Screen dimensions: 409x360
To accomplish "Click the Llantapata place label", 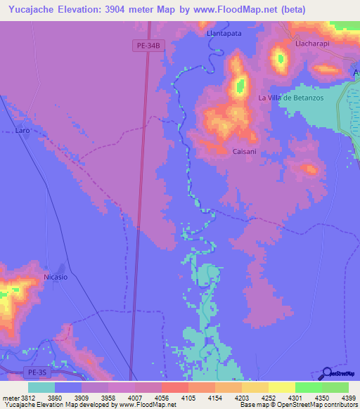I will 224,33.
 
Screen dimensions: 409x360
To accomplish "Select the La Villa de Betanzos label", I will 291,98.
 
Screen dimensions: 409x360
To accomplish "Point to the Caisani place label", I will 244,152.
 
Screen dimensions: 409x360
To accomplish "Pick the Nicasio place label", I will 55,277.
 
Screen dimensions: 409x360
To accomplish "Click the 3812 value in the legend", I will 28,398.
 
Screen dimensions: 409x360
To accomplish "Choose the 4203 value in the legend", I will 241,398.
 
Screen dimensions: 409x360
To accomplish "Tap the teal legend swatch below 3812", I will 41,387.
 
